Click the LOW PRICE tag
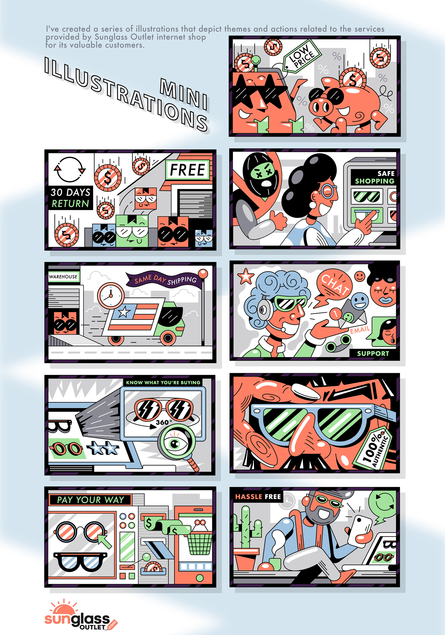pos(302,57)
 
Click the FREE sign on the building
pos(188,169)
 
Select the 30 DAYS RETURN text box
pos(70,198)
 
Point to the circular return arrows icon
pos(70,169)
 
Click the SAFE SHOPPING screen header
pos(374,177)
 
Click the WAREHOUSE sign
pos(63,277)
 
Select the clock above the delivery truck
pos(111,295)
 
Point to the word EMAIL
pos(360,330)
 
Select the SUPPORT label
pos(373,353)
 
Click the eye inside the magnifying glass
pos(175,444)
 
